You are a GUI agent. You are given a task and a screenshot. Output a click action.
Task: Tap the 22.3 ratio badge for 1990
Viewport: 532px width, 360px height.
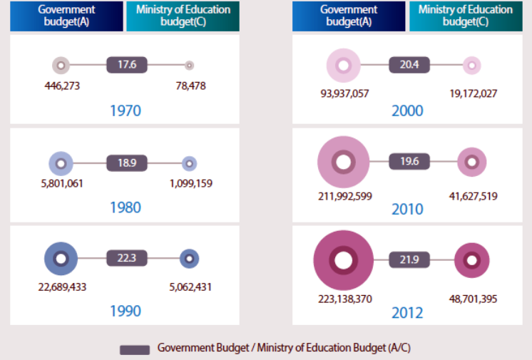pyautogui.click(x=127, y=258)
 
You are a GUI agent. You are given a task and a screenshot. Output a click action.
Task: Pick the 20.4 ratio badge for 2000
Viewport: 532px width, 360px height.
pyautogui.click(x=409, y=65)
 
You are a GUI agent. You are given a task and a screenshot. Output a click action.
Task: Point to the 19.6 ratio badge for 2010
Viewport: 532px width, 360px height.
pyautogui.click(x=409, y=161)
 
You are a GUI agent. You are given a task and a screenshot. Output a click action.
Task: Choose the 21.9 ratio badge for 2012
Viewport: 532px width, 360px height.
pyautogui.click(x=409, y=259)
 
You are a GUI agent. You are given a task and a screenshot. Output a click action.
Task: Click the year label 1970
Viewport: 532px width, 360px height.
pyautogui.click(x=126, y=111)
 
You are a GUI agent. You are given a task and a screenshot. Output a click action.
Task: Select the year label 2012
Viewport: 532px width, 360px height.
pyautogui.click(x=407, y=313)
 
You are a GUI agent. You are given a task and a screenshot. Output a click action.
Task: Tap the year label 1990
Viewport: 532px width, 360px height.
pyautogui.click(x=126, y=311)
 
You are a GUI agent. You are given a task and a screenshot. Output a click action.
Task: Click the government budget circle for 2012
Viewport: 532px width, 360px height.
pyautogui.click(x=344, y=260)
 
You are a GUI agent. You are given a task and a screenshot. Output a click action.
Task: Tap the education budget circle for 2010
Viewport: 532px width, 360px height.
pyautogui.click(x=471, y=163)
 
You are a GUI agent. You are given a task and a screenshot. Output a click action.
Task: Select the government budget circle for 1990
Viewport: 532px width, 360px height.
pyautogui.click(x=61, y=259)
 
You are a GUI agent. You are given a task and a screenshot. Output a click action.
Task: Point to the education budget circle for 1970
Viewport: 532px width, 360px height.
pyautogui.click(x=189, y=66)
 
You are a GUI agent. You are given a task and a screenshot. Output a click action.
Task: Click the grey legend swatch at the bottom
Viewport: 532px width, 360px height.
pyautogui.click(x=134, y=349)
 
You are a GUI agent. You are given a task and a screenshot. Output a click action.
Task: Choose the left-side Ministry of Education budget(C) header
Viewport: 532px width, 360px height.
pyautogui.click(x=183, y=15)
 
